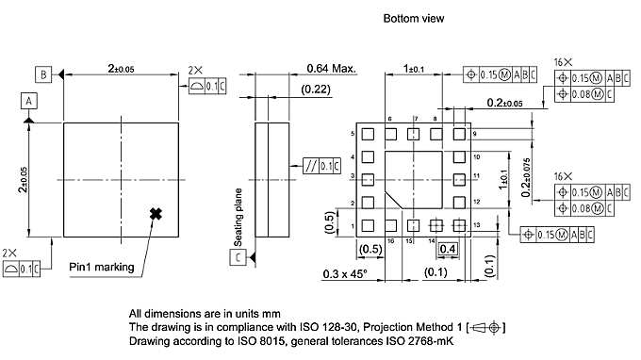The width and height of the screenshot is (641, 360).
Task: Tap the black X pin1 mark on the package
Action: pyautogui.click(x=156, y=214)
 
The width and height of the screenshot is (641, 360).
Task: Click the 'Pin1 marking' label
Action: pyautogui.click(x=102, y=268)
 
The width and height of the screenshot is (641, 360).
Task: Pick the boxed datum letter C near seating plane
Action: pyautogui.click(x=239, y=256)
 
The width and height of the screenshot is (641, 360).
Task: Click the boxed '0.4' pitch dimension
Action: pyautogui.click(x=448, y=248)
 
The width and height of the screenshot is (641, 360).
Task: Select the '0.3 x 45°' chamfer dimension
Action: pyautogui.click(x=340, y=273)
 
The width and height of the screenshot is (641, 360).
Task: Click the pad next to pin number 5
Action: pyautogui.click(x=369, y=135)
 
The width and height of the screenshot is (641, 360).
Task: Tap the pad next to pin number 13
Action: pyautogui.click(x=459, y=225)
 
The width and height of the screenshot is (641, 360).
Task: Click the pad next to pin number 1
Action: pyautogui.click(x=369, y=225)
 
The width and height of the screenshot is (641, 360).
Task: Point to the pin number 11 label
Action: pyautogui.click(x=477, y=176)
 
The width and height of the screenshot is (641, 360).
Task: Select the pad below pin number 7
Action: pyautogui.click(x=414, y=135)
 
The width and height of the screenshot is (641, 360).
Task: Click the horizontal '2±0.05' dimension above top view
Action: pyautogui.click(x=123, y=69)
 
